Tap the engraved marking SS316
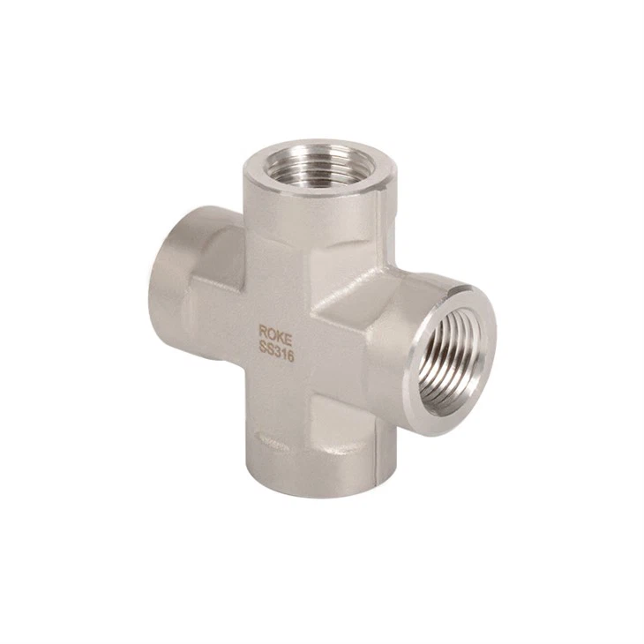click(x=276, y=352)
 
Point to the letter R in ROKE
click(x=262, y=331)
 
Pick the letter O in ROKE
click(x=271, y=333)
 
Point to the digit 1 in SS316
click(x=283, y=356)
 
